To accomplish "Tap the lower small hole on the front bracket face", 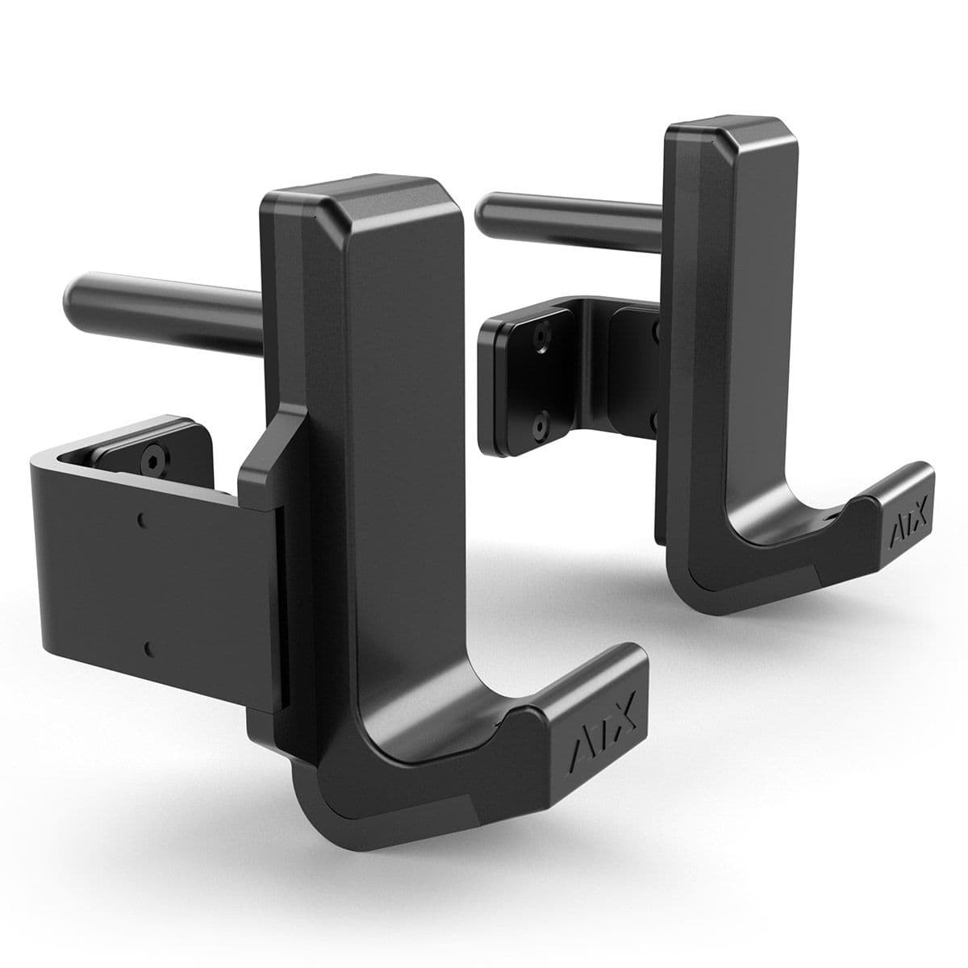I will tap(148, 646).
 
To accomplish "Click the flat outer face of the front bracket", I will tap(145, 581).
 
